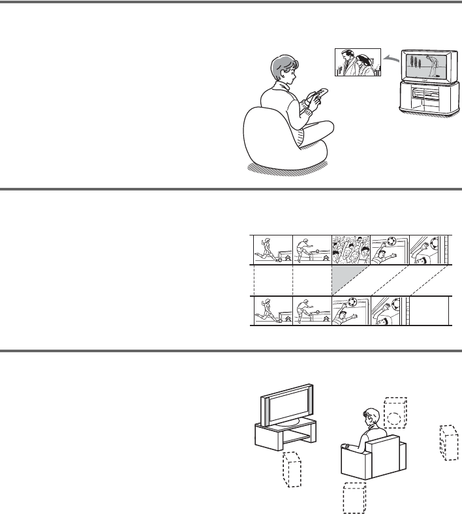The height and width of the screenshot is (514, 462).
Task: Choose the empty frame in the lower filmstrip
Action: pyautogui.click(x=429, y=310)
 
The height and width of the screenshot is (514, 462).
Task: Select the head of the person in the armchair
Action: pyautogui.click(x=370, y=417)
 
